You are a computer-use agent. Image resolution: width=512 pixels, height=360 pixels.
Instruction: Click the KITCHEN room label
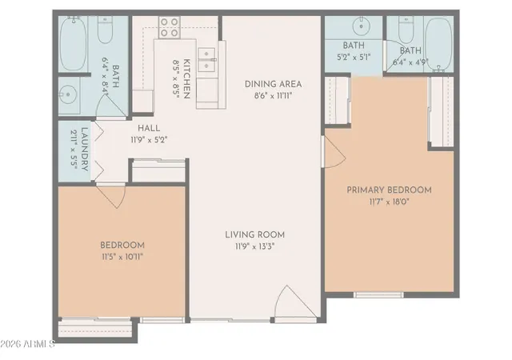tap(186, 78)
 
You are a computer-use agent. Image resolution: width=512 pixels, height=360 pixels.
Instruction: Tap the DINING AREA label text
tap(274, 84)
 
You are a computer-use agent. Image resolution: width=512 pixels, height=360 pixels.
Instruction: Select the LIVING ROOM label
tap(254, 234)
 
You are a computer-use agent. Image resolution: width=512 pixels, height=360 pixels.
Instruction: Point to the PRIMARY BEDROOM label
tap(389, 190)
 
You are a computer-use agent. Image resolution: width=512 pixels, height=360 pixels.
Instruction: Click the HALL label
tap(149, 128)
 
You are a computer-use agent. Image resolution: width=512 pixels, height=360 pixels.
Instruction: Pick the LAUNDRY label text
tap(84, 149)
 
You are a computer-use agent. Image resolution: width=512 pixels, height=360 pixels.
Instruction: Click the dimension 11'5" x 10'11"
tap(122, 257)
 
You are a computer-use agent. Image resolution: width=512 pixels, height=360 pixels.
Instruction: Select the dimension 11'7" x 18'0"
tap(390, 202)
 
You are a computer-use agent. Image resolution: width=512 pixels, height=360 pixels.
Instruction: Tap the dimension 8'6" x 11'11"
tap(274, 96)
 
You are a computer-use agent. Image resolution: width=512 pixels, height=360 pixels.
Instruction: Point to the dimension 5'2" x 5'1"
tap(354, 57)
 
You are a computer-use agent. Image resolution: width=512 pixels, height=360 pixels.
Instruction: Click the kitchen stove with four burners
tap(170, 27)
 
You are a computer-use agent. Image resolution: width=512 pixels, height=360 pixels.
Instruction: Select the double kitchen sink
tap(206, 59)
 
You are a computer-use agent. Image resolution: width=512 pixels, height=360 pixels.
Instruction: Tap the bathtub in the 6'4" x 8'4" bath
tap(73, 44)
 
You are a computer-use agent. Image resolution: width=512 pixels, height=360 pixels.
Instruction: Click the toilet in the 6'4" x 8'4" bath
tap(105, 30)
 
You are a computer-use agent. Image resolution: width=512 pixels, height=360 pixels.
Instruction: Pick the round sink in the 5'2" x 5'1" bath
tap(361, 25)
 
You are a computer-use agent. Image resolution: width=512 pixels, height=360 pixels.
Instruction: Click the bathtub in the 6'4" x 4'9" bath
tap(439, 44)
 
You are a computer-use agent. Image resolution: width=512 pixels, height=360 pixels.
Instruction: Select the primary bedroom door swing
tap(334, 152)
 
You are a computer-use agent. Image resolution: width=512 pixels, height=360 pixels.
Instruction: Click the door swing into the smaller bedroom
tap(111, 197)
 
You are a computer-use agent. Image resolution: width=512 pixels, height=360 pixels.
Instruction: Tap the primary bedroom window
tap(378, 294)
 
